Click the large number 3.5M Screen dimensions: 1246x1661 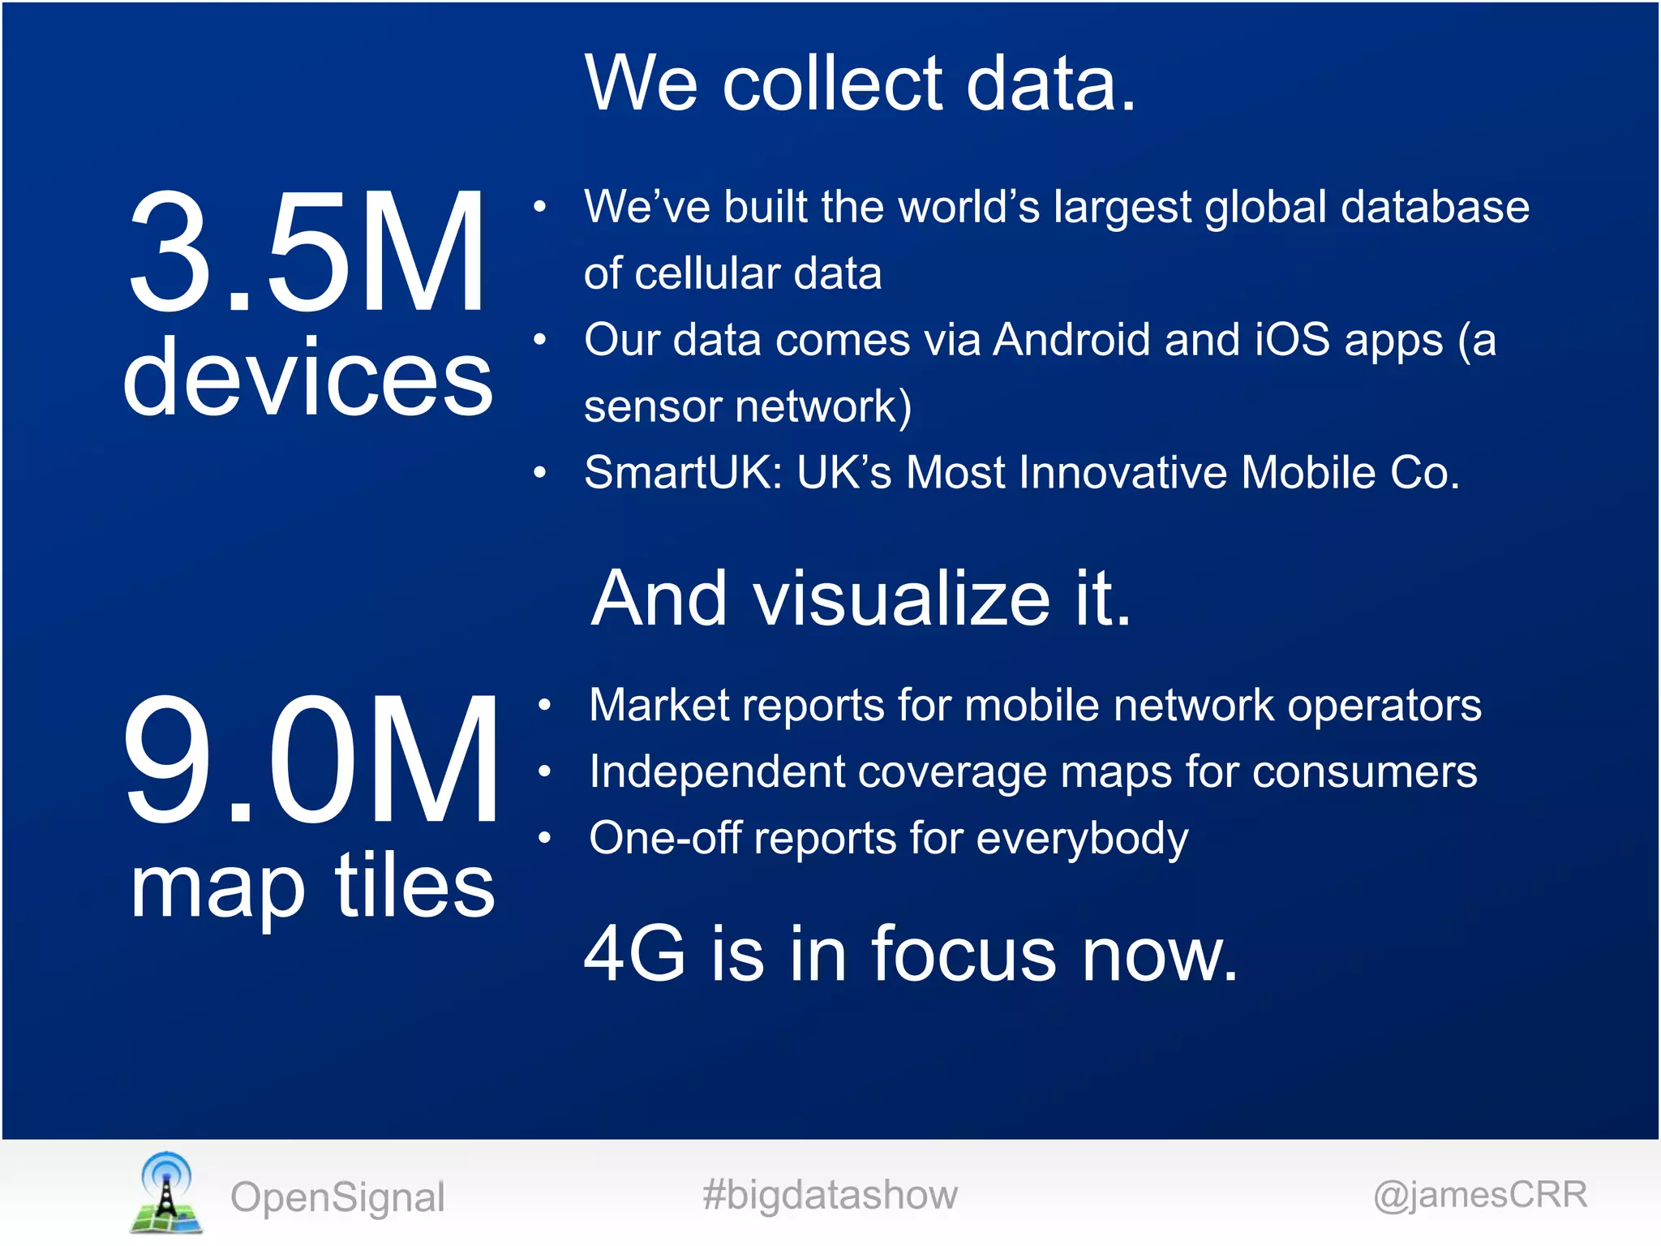(x=307, y=251)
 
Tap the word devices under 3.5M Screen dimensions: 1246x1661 (x=308, y=378)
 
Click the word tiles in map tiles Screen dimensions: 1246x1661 (x=414, y=886)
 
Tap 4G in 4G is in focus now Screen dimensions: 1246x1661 (x=635, y=954)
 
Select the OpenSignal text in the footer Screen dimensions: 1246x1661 (x=337, y=1197)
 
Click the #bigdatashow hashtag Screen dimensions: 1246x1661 (x=830, y=1195)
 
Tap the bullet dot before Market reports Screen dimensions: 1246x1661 (x=545, y=706)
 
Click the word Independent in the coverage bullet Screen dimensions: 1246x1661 (x=717, y=772)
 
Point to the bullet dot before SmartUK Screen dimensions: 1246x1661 (x=540, y=473)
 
